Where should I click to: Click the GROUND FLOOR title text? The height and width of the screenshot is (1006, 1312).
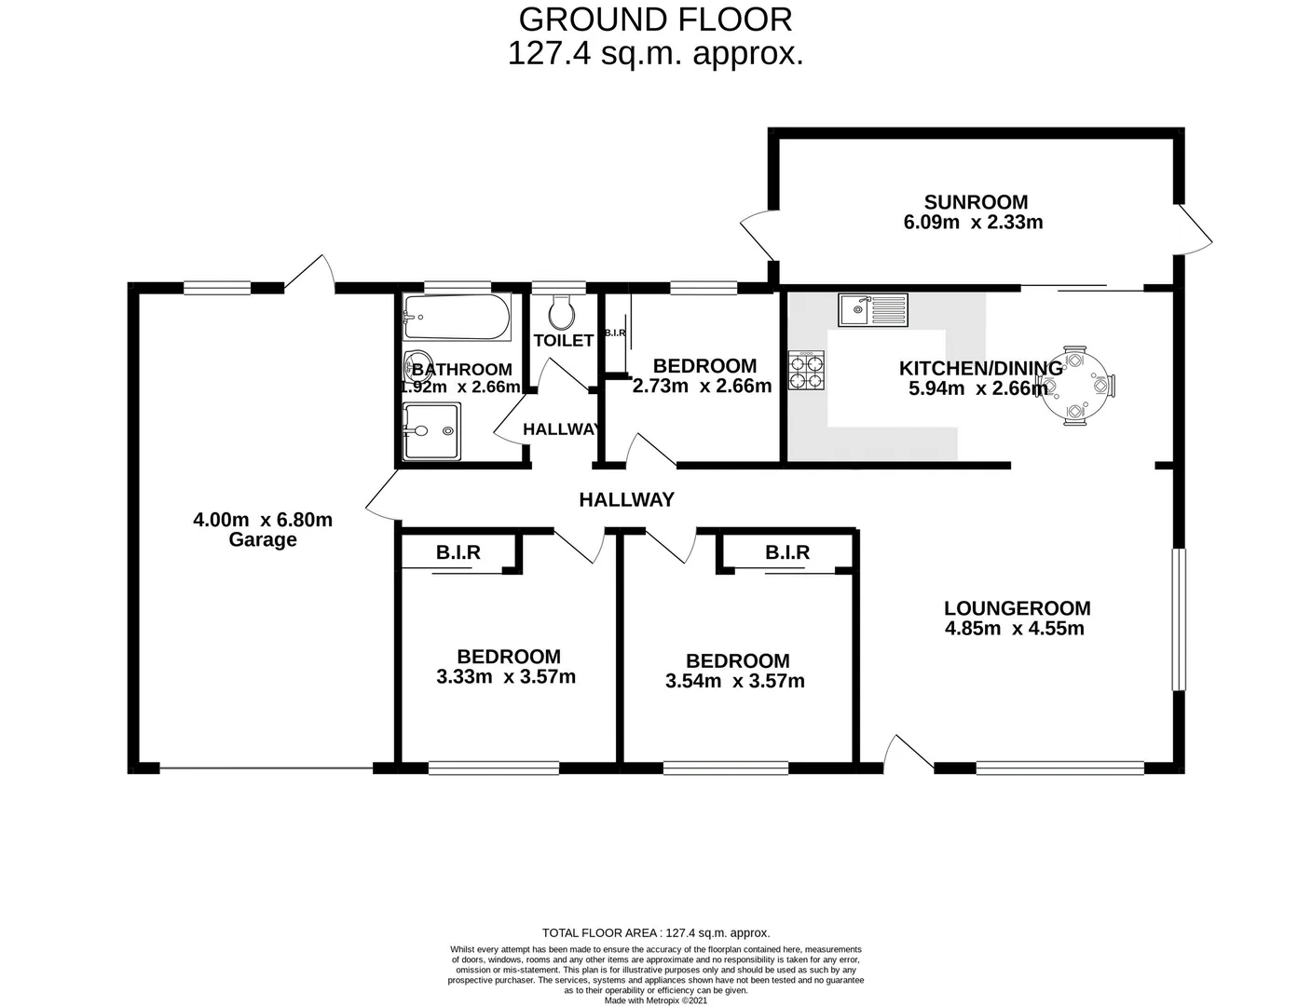655,19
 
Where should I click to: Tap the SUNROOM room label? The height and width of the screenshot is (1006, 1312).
976,202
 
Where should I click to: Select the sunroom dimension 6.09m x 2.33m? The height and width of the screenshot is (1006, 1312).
973,223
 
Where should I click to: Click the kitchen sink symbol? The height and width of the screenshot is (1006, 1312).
872,310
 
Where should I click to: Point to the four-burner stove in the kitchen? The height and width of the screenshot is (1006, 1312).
807,370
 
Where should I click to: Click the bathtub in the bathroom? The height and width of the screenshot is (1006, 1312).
457,319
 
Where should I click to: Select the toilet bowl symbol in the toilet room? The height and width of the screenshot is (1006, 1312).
561,312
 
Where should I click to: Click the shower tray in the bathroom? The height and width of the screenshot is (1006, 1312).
431,431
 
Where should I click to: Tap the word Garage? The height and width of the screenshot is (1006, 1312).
263,540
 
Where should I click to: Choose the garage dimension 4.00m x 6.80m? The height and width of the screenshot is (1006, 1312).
263,520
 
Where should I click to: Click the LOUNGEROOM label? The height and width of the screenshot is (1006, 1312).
1017,608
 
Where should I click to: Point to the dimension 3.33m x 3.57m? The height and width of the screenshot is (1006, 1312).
506,677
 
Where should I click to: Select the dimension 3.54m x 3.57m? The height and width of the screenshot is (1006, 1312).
735,682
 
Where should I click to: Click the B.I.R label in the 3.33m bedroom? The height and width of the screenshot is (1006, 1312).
458,553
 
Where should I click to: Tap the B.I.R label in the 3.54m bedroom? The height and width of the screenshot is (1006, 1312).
787,553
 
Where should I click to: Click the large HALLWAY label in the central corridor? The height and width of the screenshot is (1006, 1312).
626,500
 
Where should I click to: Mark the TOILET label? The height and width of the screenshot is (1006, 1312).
563,341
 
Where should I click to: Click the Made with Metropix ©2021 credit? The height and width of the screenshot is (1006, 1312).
656,1001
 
